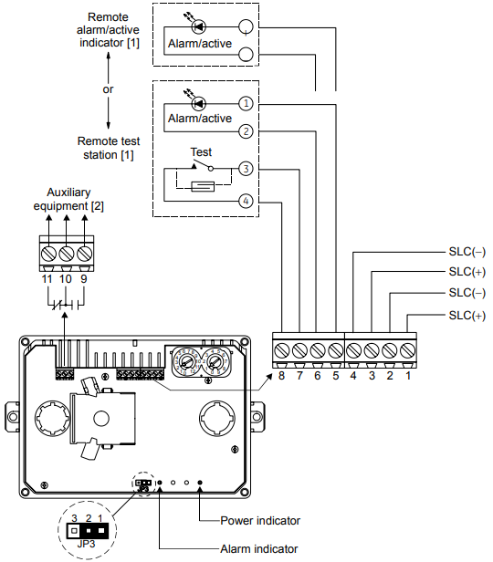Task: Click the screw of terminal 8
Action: pos(282,350)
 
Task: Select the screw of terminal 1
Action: pos(408,350)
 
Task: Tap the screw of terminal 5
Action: pos(336,350)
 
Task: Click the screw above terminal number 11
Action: pos(48,254)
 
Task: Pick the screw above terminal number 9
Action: pos(84,254)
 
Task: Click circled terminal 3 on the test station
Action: pos(246,169)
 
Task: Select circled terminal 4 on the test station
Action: pos(246,201)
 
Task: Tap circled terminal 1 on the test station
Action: pos(246,104)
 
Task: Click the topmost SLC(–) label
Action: pos(467,252)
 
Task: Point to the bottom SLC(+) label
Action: pos(467,316)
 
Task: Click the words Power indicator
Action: pos(260,520)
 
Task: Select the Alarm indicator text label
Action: pos(259,548)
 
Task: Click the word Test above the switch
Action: pos(201,152)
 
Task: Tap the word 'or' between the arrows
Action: pos(108,89)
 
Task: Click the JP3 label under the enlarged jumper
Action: pos(86,544)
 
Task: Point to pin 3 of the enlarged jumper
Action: pos(74,530)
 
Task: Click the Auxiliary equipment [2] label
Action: pos(68,199)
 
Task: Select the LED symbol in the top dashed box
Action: pos(198,26)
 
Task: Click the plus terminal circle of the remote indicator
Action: pos(246,26)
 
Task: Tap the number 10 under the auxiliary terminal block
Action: pos(66,279)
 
